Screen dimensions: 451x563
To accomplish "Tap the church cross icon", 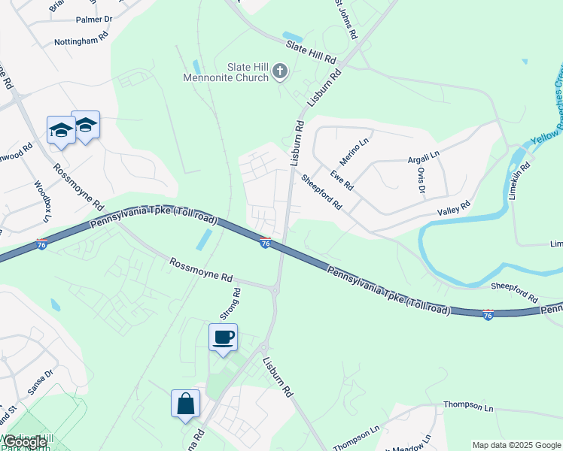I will tap(280, 72).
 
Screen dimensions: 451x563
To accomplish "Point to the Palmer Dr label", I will tap(93, 18).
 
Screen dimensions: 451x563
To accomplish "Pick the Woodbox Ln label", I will tap(41, 200).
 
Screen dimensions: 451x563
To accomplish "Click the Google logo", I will tap(24, 442).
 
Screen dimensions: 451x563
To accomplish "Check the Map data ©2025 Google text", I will tap(516, 445).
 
